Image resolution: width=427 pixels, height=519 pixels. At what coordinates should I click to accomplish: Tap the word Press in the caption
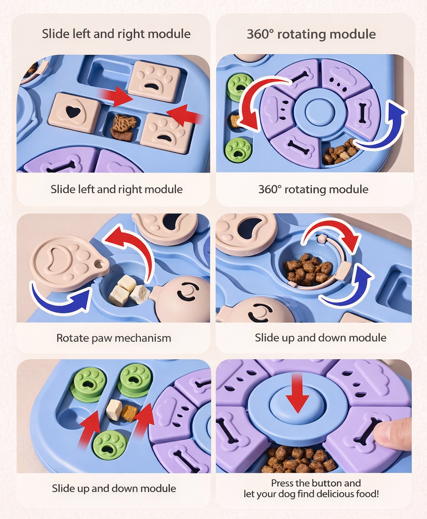(x=282, y=483)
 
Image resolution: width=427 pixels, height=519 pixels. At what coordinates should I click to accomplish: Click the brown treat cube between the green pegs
(x=130, y=413)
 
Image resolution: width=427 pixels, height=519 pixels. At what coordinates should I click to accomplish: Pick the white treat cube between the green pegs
(x=114, y=409)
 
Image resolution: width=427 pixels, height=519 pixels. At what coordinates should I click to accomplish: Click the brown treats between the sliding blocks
(x=123, y=127)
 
